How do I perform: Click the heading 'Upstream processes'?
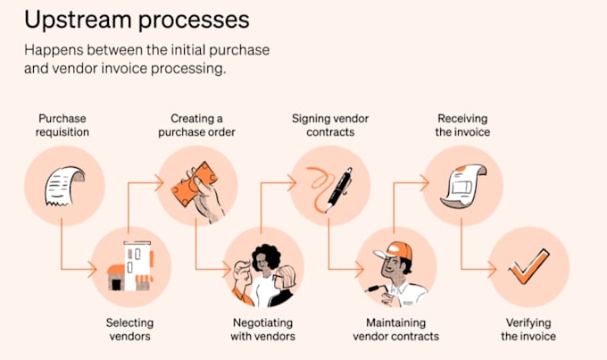pos(137,21)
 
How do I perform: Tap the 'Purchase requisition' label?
pos(62,125)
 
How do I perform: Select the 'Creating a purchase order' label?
pos(196,125)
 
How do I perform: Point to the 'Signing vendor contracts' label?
pos(330,125)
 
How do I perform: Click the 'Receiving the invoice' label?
pos(462,125)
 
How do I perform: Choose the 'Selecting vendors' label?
pos(129,329)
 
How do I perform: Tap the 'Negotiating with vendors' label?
pos(262,329)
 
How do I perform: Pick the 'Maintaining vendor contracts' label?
pos(396,329)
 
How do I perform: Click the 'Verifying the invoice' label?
pos(528,329)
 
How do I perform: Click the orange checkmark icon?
pos(528,267)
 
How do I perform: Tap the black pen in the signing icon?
pos(339,189)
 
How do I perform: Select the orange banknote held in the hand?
pos(194,184)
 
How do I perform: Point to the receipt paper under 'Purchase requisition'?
pos(64,186)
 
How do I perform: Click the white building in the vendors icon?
pos(137,265)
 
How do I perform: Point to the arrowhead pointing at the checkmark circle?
pos(493,269)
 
